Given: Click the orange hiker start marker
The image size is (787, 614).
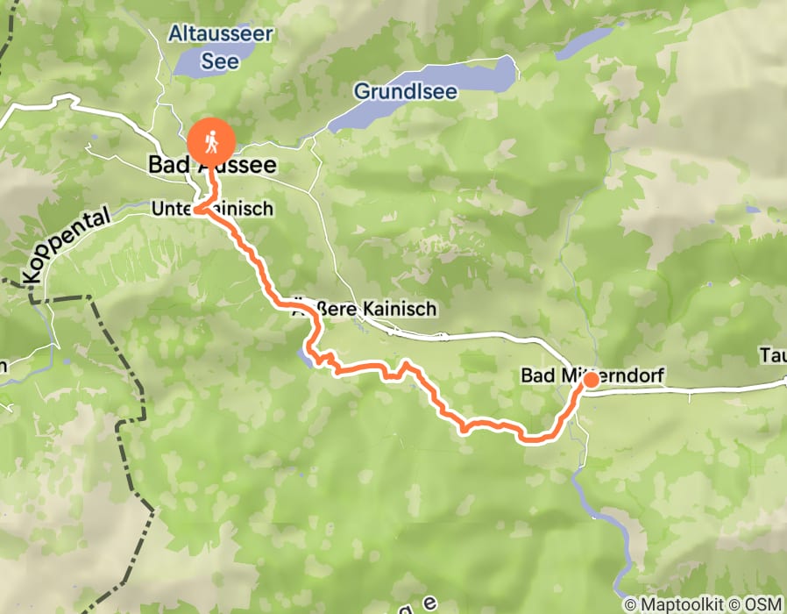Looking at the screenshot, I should tap(211, 140).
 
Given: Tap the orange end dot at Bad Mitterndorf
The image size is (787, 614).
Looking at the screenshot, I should tap(591, 379).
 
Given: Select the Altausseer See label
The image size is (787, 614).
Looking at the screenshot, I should tap(222, 47).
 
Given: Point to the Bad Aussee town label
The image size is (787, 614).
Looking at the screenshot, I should tap(212, 165).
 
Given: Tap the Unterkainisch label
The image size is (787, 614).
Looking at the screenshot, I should tap(212, 209).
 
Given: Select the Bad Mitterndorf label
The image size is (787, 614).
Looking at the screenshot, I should tap(592, 375).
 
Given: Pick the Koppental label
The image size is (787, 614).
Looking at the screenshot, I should tap(68, 245).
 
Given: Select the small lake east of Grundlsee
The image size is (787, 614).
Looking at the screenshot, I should tap(587, 41).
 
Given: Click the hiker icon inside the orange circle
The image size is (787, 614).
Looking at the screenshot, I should tap(211, 140).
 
